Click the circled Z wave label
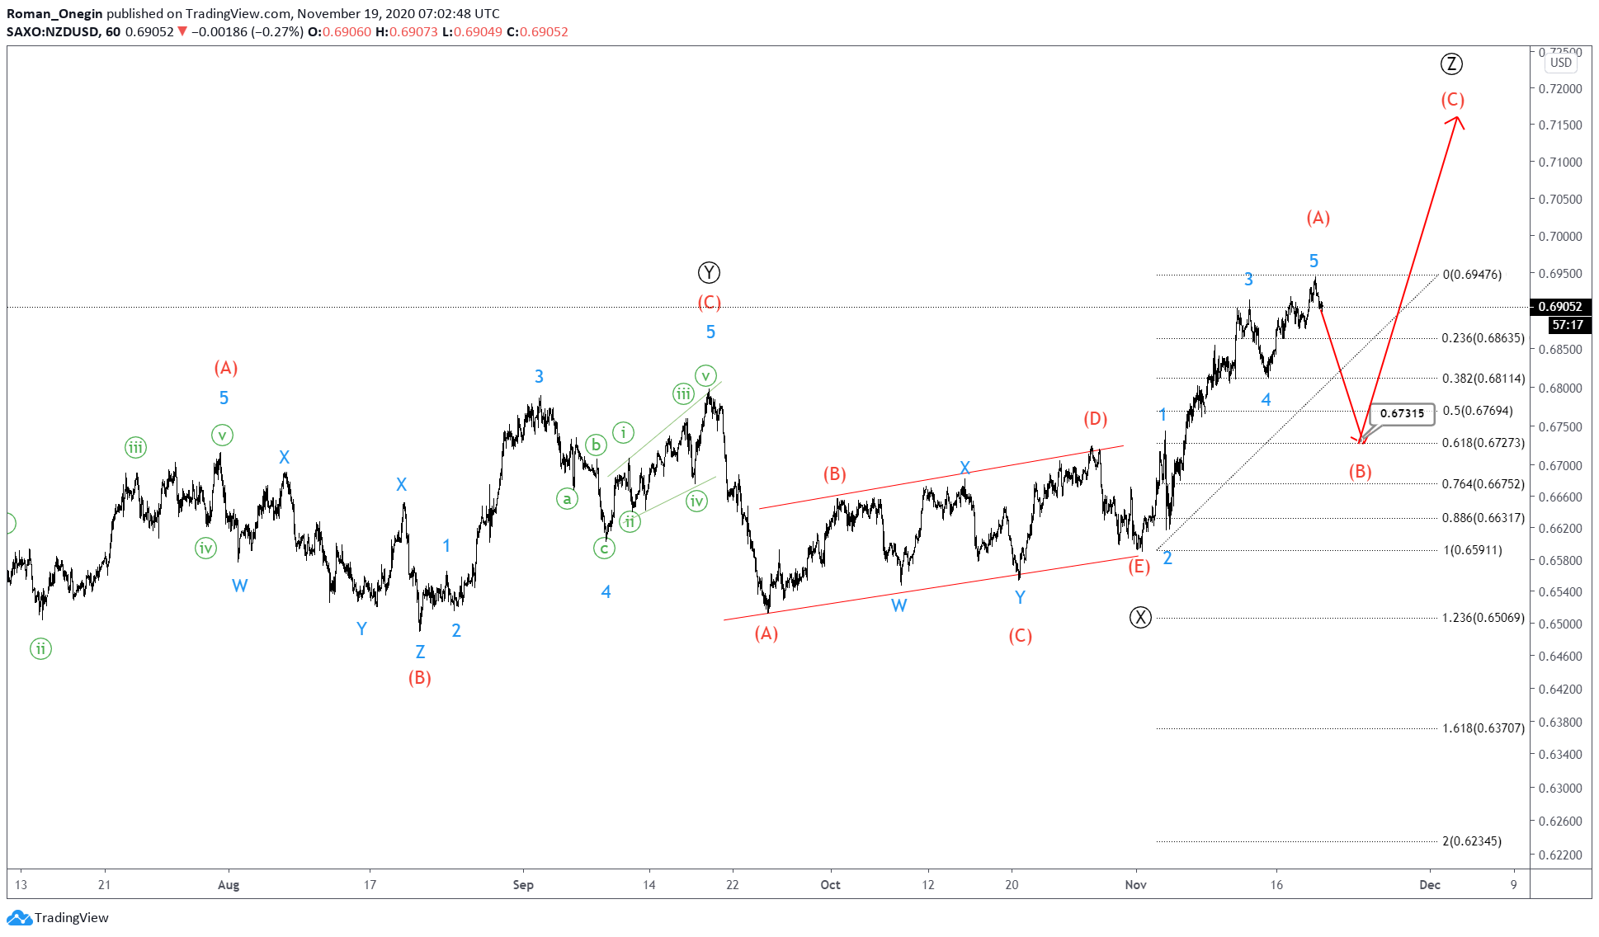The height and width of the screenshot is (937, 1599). (x=1451, y=64)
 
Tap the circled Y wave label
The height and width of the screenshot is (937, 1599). (x=709, y=272)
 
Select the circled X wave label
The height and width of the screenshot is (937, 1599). (x=1140, y=617)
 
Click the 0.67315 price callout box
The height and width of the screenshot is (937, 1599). (x=1402, y=413)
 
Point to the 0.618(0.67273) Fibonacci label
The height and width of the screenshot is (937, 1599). (x=1483, y=443)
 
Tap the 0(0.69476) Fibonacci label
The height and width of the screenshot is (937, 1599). (x=1472, y=275)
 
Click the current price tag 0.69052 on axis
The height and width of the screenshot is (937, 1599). (x=1559, y=307)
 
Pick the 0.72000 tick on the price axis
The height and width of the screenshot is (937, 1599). (x=1560, y=88)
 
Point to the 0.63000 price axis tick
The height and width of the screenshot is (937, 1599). (x=1560, y=788)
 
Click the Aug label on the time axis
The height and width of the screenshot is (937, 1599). (x=229, y=885)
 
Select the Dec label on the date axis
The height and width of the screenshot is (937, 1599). (x=1430, y=885)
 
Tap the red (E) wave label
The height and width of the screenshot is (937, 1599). (x=1139, y=567)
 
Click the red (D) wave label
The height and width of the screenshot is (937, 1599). (x=1096, y=419)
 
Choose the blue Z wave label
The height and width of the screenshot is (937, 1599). (x=420, y=652)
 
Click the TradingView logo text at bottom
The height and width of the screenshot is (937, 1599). (x=71, y=918)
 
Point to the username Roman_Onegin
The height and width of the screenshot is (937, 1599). (x=54, y=13)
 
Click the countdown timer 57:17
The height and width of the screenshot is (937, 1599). (x=1567, y=325)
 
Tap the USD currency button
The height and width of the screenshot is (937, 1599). (x=1560, y=63)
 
